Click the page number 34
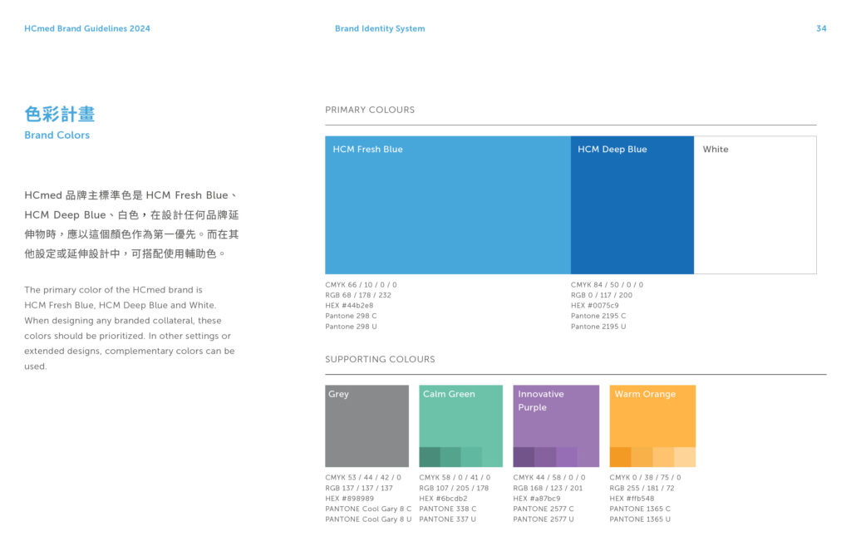point(821,28)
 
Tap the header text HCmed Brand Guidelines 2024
point(87,28)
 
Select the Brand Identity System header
point(380,28)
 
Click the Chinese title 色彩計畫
point(60,114)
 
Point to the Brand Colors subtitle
point(57,135)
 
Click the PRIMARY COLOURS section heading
point(370,110)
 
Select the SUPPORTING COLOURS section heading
point(380,359)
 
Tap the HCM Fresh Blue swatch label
point(368,150)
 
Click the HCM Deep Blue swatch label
point(612,150)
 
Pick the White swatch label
point(716,150)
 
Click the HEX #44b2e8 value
point(349,306)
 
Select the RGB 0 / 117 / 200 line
point(602,295)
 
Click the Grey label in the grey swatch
point(339,394)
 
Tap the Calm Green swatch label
point(449,394)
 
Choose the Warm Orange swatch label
point(645,394)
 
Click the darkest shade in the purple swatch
point(524,457)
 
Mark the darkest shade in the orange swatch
point(620,457)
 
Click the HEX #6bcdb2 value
point(443,499)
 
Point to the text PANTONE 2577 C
point(544,509)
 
